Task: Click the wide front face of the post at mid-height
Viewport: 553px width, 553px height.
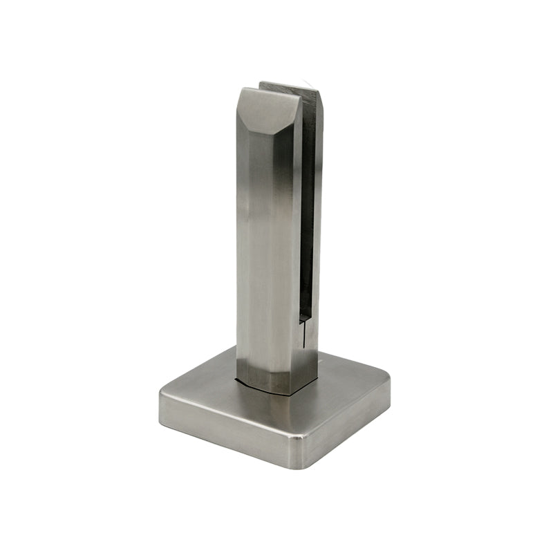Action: tap(266, 242)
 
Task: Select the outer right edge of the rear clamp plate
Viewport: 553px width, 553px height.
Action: tap(321, 207)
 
